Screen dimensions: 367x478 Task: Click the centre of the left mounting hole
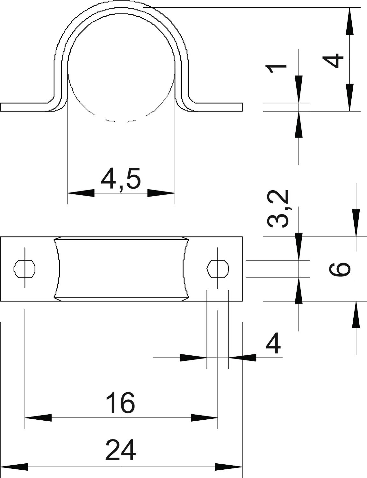click(25, 269)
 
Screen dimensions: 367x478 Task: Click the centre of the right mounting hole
click(218, 269)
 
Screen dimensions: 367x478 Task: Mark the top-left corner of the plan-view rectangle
click(0, 237)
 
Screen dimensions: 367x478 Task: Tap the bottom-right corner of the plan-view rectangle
click(242, 301)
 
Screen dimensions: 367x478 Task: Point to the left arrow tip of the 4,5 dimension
click(68, 193)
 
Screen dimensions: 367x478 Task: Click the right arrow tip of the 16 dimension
click(218, 418)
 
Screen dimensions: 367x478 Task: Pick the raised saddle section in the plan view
click(121, 269)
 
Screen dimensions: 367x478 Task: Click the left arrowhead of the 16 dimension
click(38, 418)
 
